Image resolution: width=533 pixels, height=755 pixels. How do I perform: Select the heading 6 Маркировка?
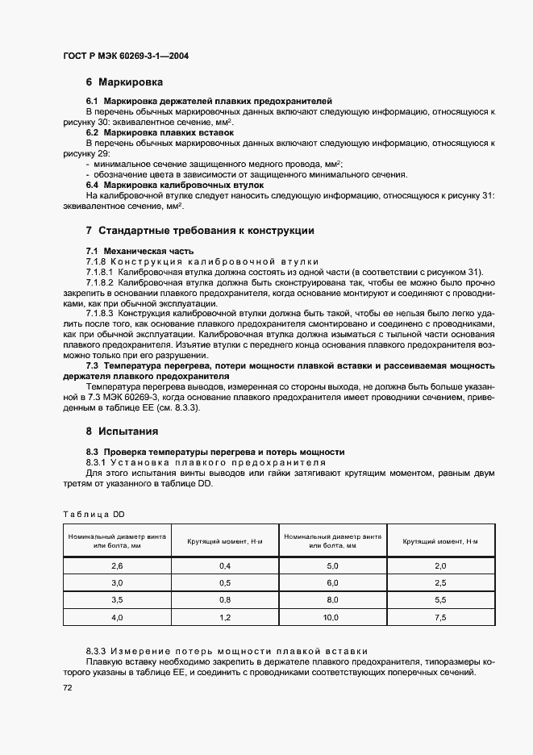click(125, 82)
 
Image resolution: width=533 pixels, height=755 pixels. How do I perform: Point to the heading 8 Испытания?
click(123, 431)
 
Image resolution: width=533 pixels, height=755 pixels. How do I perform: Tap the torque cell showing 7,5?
click(441, 617)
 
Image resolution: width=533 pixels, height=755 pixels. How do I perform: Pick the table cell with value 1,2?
click(225, 617)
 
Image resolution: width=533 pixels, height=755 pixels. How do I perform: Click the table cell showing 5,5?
click(441, 599)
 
